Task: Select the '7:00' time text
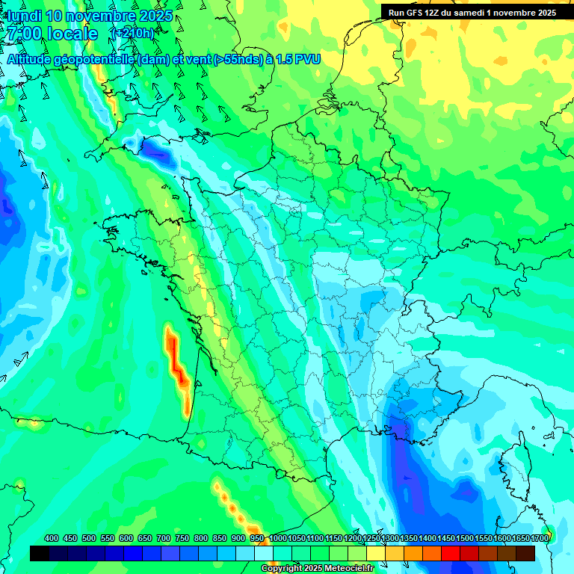pyautogui.click(x=22, y=34)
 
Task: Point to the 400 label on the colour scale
pyautogui.click(x=52, y=538)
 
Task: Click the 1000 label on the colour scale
pyautogui.click(x=277, y=538)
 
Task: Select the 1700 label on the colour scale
pyautogui.click(x=540, y=538)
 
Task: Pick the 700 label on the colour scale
pyautogui.click(x=164, y=538)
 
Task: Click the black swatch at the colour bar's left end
pyautogui.click(x=40, y=553)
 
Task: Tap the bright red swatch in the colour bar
pyautogui.click(x=451, y=553)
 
